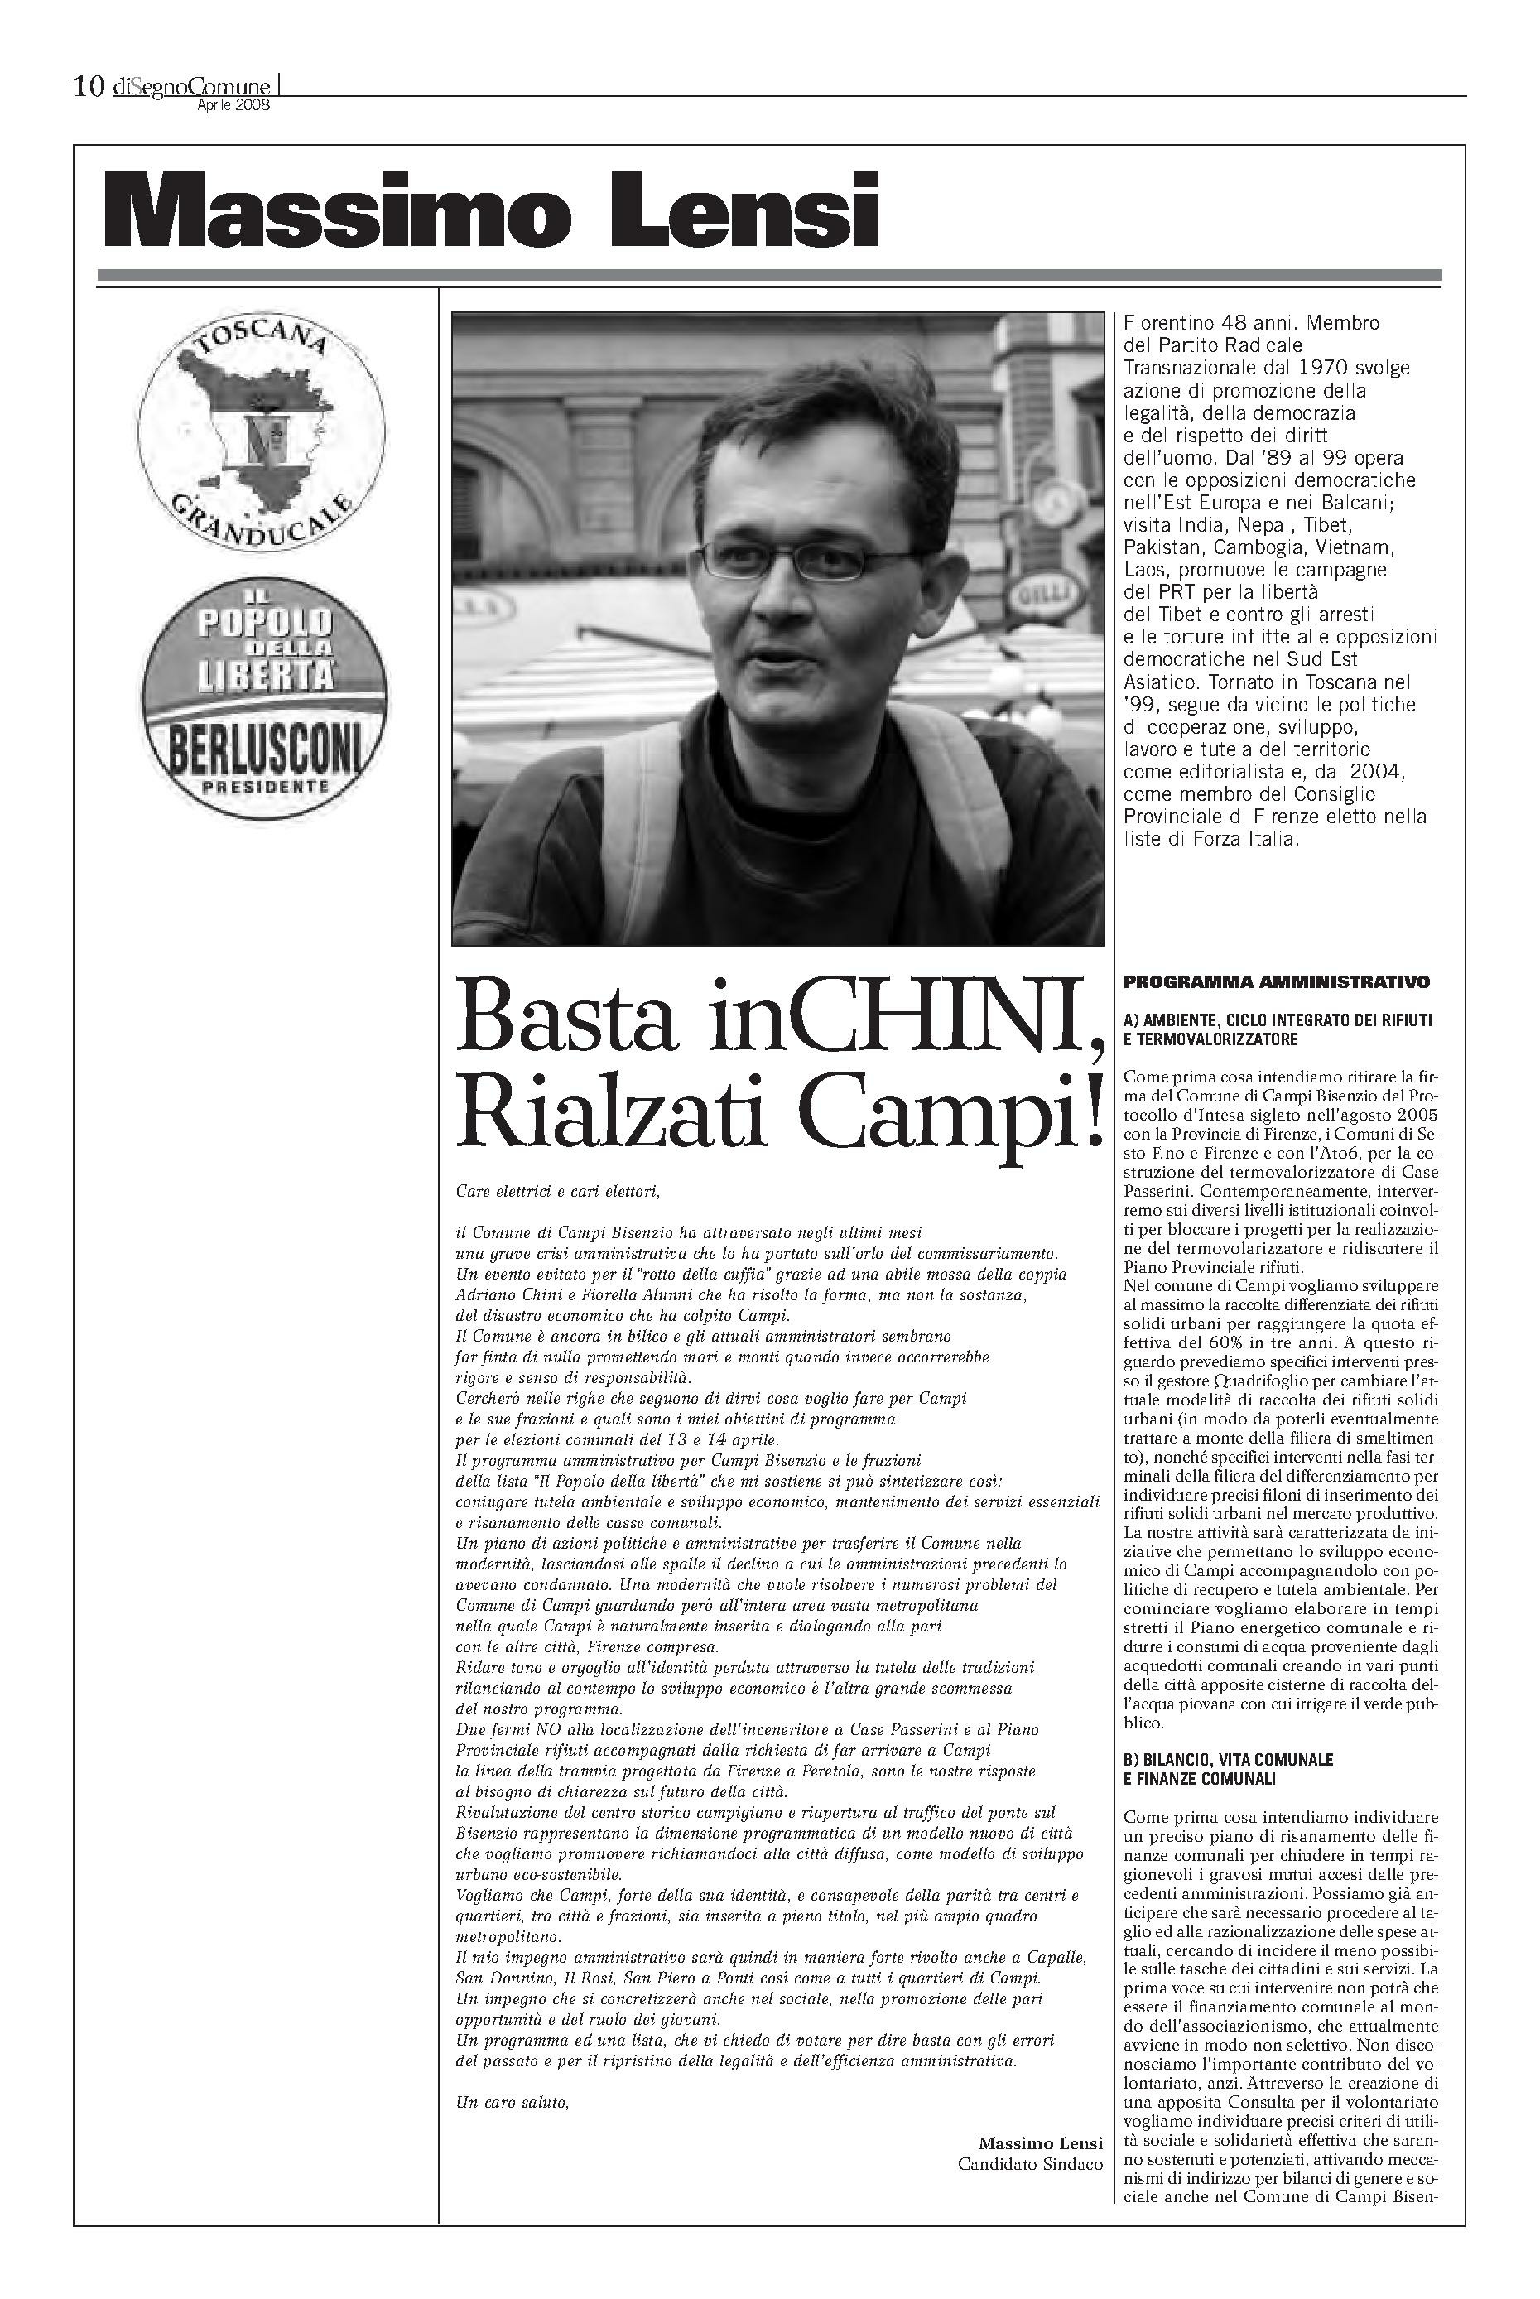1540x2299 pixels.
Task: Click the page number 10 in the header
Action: tap(89, 88)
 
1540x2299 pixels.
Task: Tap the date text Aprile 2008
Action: tap(233, 106)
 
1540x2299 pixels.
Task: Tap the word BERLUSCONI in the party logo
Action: tap(264, 752)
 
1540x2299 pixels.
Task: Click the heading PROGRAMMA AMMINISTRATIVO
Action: tap(1276, 981)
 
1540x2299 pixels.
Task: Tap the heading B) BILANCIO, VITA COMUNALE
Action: tap(1228, 1759)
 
